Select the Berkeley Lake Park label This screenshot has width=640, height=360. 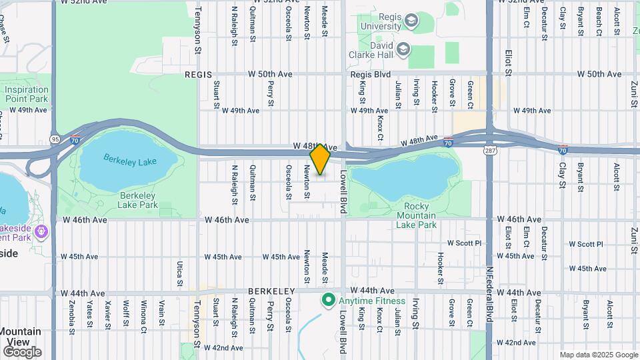point(138,200)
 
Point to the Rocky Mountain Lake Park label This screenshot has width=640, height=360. point(416,215)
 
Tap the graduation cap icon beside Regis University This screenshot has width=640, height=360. point(411,21)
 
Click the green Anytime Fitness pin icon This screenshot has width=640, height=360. point(327,301)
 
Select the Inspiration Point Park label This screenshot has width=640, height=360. point(27,94)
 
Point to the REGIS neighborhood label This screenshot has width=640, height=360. point(198,75)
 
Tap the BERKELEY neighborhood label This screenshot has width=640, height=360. point(271,292)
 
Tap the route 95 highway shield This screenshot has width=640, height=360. point(54,139)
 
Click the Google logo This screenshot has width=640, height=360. point(21,352)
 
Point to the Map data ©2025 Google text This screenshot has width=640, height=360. point(598,355)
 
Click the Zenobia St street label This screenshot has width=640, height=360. point(71,315)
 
